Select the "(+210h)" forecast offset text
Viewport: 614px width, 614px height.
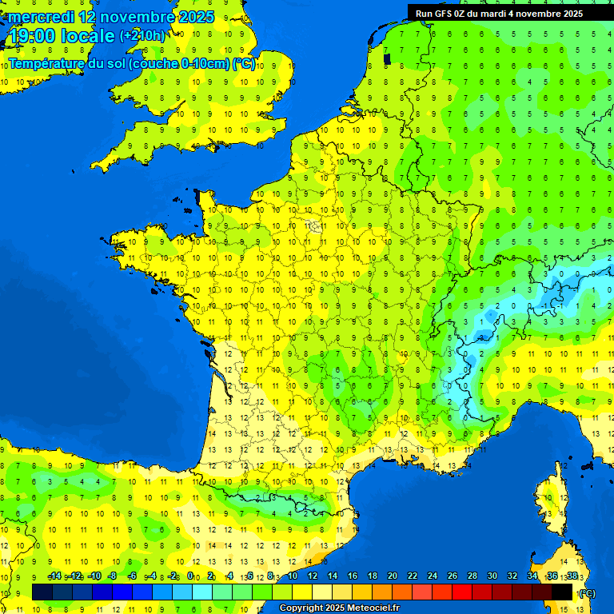point(142,36)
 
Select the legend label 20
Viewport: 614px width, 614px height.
point(392,576)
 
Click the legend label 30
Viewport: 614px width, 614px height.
point(492,576)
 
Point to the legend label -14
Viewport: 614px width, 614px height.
point(54,576)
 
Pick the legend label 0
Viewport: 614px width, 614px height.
point(190,576)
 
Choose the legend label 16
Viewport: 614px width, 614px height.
point(352,576)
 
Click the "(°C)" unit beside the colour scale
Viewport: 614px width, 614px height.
point(586,593)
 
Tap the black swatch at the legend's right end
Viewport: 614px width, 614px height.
point(562,592)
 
